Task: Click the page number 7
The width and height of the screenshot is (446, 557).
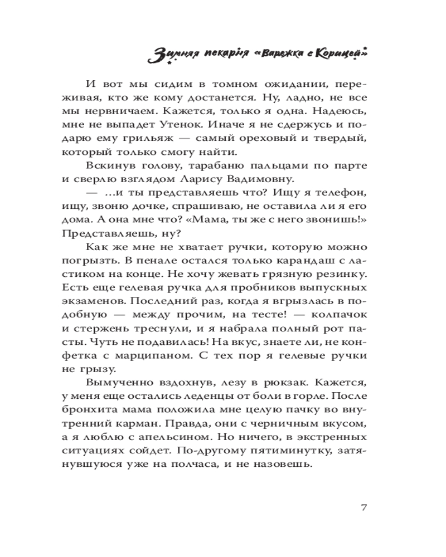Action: (x=363, y=507)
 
